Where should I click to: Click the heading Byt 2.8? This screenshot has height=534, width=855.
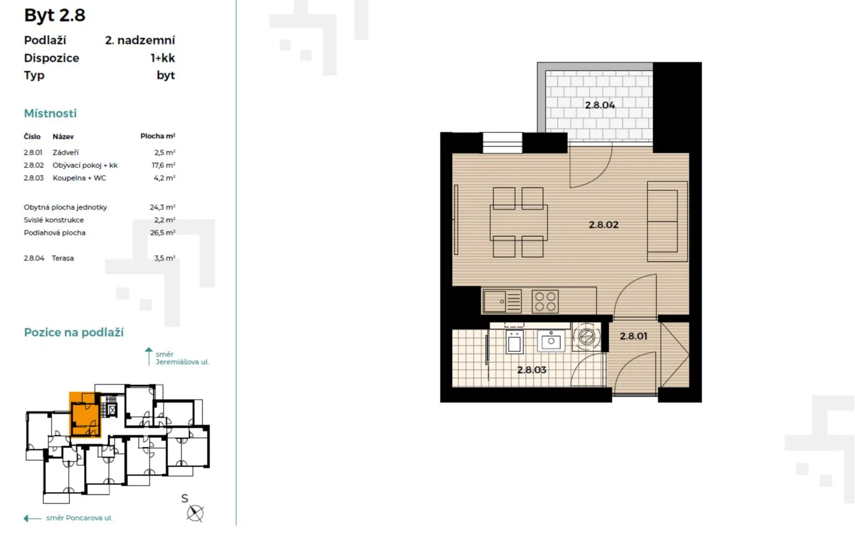(55, 15)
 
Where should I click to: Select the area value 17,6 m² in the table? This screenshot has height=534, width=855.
(164, 165)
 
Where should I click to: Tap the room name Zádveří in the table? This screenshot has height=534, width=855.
(66, 152)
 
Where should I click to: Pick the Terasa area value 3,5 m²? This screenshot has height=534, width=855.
(164, 258)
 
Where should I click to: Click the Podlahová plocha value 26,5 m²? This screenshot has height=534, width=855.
(162, 232)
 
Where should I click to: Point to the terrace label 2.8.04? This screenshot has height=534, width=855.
(600, 105)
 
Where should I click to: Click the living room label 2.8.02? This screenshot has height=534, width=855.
(604, 225)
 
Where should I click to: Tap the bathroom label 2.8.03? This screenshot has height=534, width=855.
(532, 370)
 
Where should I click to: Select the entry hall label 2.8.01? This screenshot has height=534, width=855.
(633, 336)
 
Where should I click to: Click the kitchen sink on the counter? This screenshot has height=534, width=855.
(502, 301)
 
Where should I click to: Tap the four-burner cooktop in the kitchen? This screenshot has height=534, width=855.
(545, 301)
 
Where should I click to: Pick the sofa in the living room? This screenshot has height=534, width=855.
(667, 221)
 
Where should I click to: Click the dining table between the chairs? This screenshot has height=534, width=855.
(519, 223)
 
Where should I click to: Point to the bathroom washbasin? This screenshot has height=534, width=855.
(551, 341)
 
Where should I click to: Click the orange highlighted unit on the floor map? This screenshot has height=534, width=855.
(85, 414)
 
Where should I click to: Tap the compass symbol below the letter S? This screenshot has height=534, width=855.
(195, 513)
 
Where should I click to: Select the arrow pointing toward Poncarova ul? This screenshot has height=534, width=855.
(32, 518)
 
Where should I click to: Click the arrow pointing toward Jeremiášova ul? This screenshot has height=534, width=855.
(149, 356)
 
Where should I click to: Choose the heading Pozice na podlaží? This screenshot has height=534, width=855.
(74, 332)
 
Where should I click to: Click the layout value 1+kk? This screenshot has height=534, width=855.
(162, 58)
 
